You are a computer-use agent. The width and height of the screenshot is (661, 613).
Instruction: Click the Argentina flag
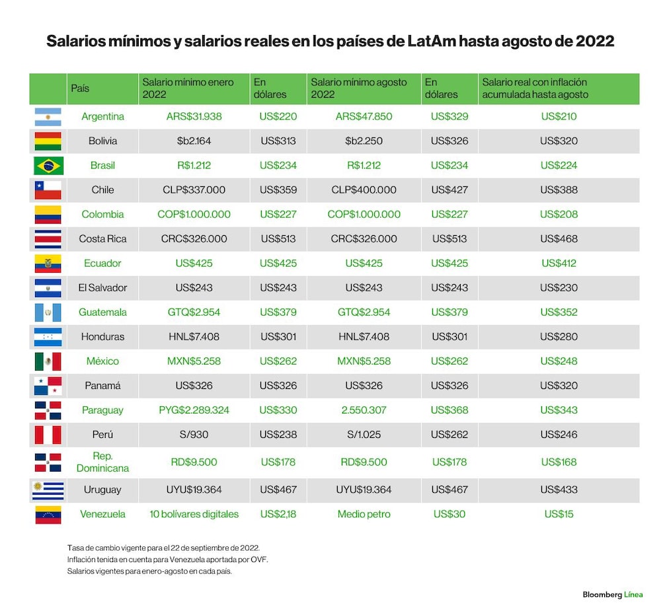[x=48, y=117]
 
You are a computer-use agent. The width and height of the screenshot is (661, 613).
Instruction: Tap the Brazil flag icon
[x=48, y=166]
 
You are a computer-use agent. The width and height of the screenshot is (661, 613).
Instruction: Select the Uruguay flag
[x=48, y=490]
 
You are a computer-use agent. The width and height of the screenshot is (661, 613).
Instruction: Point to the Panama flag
[x=48, y=386]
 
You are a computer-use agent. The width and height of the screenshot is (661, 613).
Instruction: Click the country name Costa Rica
[x=102, y=239]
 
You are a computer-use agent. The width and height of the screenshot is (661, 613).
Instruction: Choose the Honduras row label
[x=102, y=337]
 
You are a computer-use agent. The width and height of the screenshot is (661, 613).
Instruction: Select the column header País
[x=80, y=89]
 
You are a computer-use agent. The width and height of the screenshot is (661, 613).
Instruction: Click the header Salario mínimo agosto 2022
[x=359, y=89]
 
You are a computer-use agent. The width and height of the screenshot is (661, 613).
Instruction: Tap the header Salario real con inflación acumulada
[x=535, y=89]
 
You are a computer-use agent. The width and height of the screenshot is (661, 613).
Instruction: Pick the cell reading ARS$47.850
[x=364, y=117]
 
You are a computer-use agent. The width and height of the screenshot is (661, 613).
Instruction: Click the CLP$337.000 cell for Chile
[x=194, y=190]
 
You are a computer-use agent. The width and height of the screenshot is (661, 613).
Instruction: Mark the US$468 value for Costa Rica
[x=559, y=239]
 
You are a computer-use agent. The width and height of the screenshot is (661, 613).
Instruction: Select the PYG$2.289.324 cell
[x=194, y=410]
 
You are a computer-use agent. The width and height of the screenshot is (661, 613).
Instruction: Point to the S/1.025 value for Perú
[x=364, y=435]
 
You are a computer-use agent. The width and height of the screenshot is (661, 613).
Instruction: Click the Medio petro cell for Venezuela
[x=364, y=515]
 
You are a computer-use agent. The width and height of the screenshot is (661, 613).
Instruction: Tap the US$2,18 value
[x=278, y=515]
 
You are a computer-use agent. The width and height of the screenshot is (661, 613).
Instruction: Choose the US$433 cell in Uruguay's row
[x=559, y=490]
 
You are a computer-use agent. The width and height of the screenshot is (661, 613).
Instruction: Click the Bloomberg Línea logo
[x=613, y=595]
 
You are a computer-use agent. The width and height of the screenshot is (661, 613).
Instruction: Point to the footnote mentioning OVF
[x=167, y=560]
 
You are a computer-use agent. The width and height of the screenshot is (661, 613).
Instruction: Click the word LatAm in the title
[x=431, y=42]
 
